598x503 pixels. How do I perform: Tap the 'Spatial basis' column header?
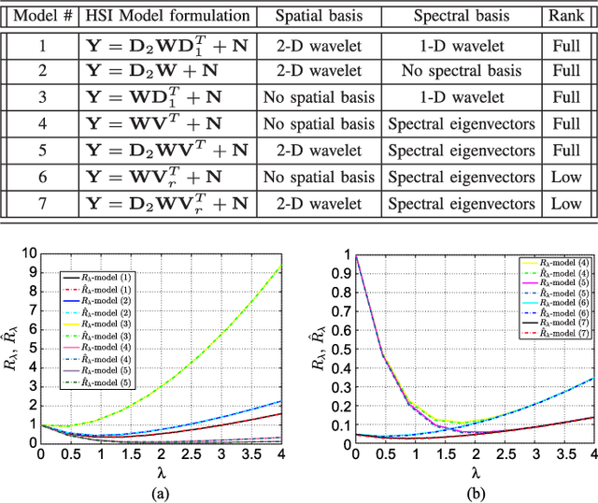pyautogui.click(x=314, y=16)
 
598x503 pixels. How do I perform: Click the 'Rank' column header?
pyautogui.click(x=565, y=16)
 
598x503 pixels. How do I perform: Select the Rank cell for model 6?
pyautogui.click(x=565, y=176)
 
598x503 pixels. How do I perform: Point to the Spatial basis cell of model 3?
pyautogui.click(x=314, y=96)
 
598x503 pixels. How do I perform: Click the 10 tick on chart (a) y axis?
pyautogui.click(x=29, y=253)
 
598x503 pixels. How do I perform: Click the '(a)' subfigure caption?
pyautogui.click(x=165, y=492)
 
